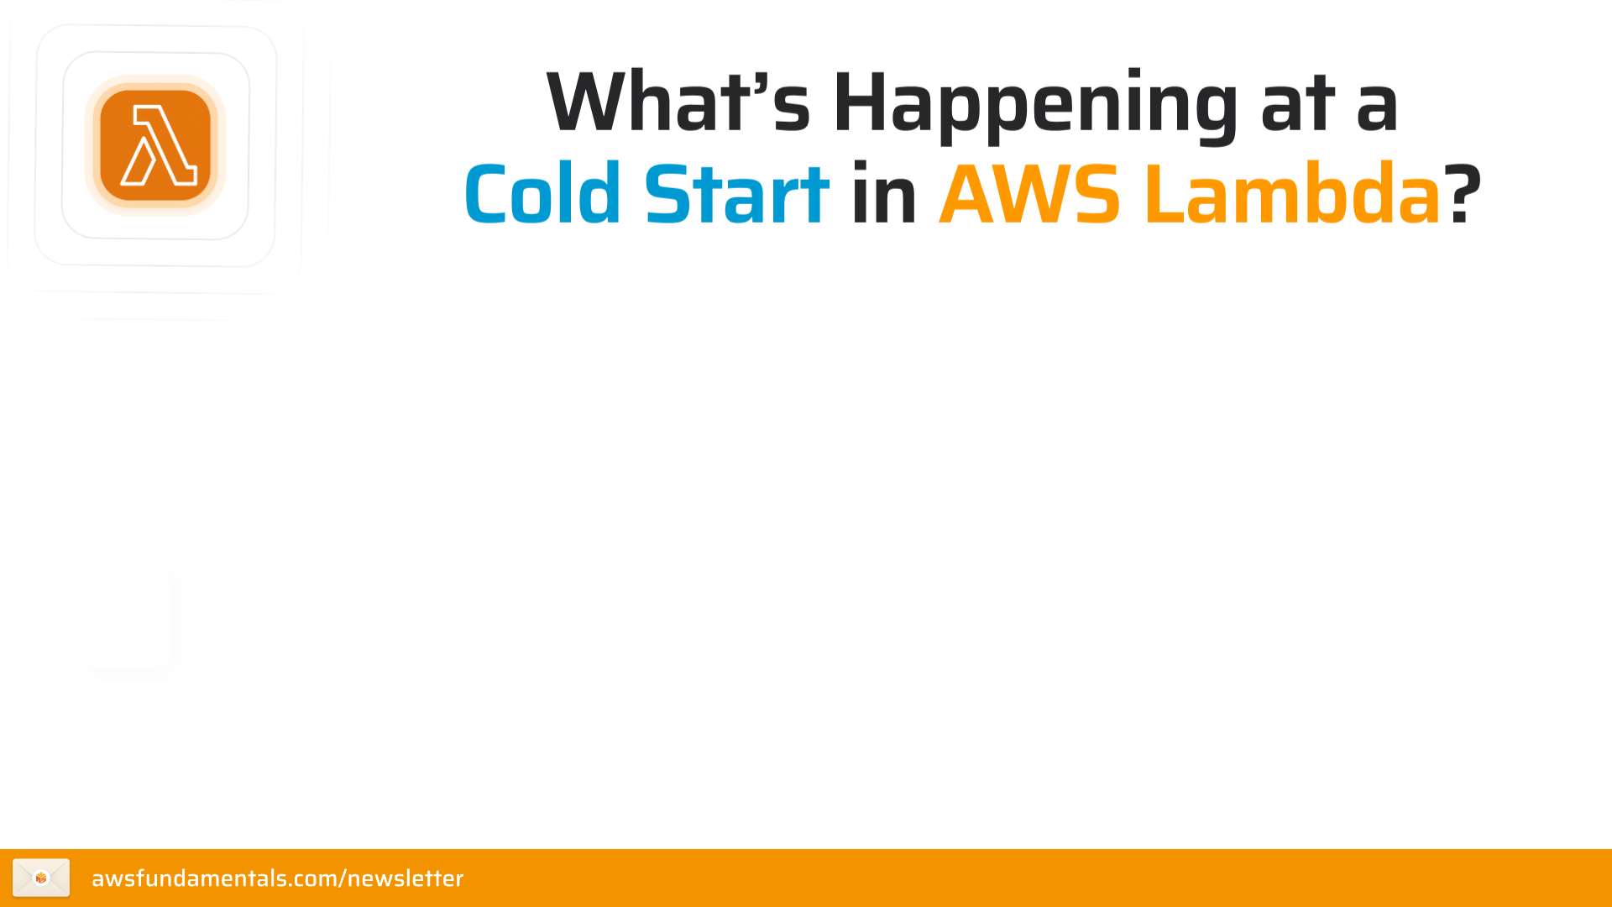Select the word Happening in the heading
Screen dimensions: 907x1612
pyautogui.click(x=1034, y=104)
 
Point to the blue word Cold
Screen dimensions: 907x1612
pyautogui.click(x=542, y=195)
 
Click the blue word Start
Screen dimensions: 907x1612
pyautogui.click(x=736, y=195)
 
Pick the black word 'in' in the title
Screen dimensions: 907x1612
pyautogui.click(x=884, y=195)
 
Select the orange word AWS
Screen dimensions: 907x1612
pyautogui.click(x=1029, y=195)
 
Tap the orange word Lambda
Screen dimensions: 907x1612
pyautogui.click(x=1292, y=195)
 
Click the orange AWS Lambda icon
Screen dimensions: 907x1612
pyautogui.click(x=155, y=145)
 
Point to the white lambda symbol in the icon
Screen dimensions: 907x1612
pyautogui.click(x=159, y=145)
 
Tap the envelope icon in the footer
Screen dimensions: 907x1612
pyautogui.click(x=41, y=878)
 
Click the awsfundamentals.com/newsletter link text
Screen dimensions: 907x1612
pyautogui.click(x=277, y=878)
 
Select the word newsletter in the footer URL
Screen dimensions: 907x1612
pyautogui.click(x=405, y=878)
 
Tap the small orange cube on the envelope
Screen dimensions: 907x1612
pyautogui.click(x=41, y=878)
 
